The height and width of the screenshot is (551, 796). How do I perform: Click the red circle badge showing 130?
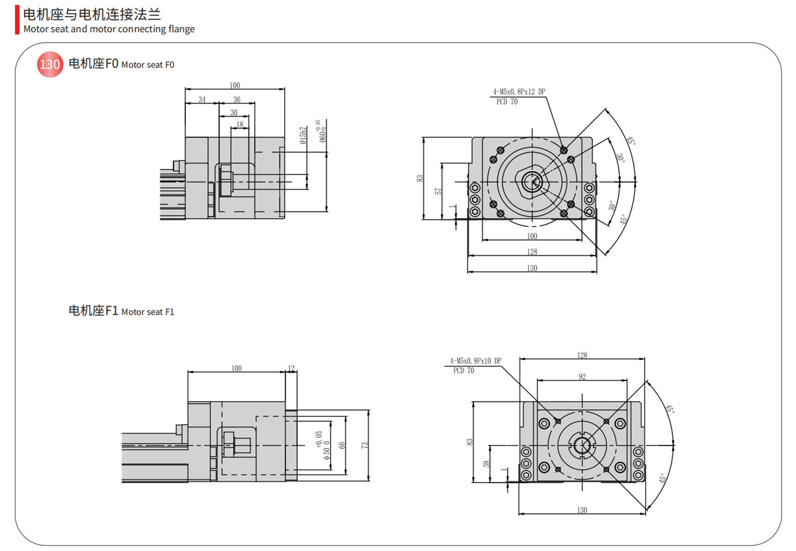(x=50, y=65)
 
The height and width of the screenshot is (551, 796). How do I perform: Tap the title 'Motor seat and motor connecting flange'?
(x=109, y=29)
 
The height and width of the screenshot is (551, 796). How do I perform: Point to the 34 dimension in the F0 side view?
(x=202, y=100)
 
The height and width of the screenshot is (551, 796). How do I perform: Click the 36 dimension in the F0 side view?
(x=237, y=100)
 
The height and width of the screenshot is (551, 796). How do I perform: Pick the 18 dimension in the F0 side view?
(x=239, y=125)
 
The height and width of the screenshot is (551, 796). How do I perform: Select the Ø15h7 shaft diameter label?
(x=303, y=135)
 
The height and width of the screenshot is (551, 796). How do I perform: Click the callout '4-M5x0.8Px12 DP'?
(x=519, y=92)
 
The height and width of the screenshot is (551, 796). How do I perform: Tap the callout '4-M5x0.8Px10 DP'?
(x=475, y=361)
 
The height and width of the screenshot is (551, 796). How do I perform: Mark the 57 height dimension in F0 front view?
(x=438, y=191)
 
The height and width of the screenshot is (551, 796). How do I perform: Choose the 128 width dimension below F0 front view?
(x=532, y=252)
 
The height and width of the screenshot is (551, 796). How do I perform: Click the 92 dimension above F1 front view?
(x=582, y=377)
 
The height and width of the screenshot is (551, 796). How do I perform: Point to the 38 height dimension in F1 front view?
(x=486, y=463)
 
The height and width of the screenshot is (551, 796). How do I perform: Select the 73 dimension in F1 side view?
(x=365, y=445)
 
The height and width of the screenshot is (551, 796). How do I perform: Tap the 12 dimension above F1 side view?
(x=291, y=368)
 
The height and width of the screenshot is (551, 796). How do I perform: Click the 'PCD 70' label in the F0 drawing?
(x=507, y=102)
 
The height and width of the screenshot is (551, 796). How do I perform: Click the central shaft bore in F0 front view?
(x=532, y=181)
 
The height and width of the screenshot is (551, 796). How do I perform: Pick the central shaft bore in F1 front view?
(x=582, y=444)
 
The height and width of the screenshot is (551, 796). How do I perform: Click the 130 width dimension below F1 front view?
(x=582, y=510)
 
